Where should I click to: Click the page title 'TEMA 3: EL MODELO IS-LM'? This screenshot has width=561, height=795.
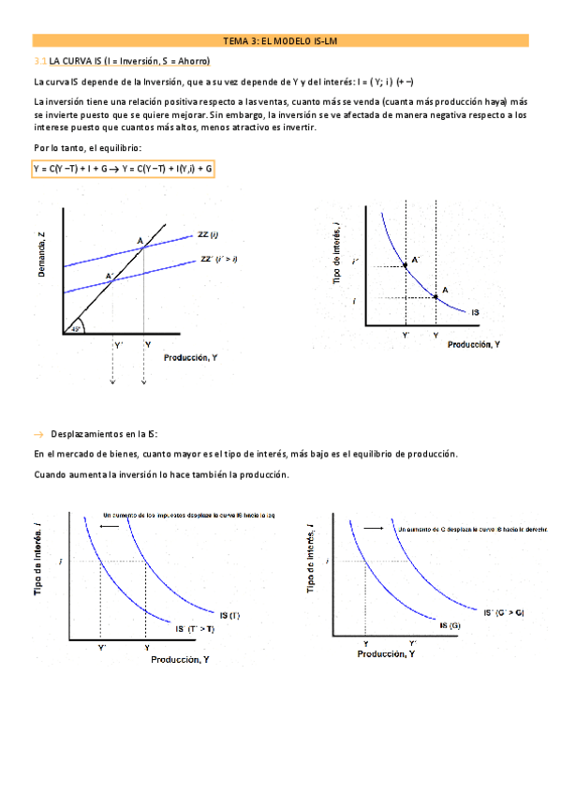pyautogui.click(x=280, y=41)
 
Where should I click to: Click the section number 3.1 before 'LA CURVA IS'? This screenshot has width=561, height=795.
pyautogui.click(x=39, y=60)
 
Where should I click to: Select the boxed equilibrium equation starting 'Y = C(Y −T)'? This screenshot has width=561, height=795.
pyautogui.click(x=123, y=169)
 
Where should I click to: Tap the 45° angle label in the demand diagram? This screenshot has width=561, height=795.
pyautogui.click(x=76, y=327)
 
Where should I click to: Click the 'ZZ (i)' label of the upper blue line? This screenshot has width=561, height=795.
pyautogui.click(x=208, y=234)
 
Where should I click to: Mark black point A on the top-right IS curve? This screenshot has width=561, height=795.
pyautogui.click(x=436, y=297)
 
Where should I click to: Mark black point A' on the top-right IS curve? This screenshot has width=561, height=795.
pyautogui.click(x=406, y=266)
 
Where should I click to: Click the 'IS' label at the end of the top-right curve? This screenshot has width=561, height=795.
pyautogui.click(x=477, y=310)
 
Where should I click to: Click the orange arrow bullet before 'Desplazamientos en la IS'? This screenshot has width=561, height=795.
pyautogui.click(x=38, y=434)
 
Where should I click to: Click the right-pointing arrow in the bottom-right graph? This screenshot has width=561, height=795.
pyautogui.click(x=373, y=529)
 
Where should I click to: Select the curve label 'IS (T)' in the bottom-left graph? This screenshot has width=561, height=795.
pyautogui.click(x=229, y=615)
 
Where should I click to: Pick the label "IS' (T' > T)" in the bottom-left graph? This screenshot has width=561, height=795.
pyautogui.click(x=195, y=628)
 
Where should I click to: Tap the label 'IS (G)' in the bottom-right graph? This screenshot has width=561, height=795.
pyautogui.click(x=449, y=624)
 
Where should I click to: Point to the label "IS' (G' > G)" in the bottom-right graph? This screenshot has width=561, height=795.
pyautogui.click(x=503, y=612)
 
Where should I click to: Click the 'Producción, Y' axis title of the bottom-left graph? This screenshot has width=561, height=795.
pyautogui.click(x=181, y=660)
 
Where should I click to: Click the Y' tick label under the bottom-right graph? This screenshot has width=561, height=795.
pyautogui.click(x=411, y=642)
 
